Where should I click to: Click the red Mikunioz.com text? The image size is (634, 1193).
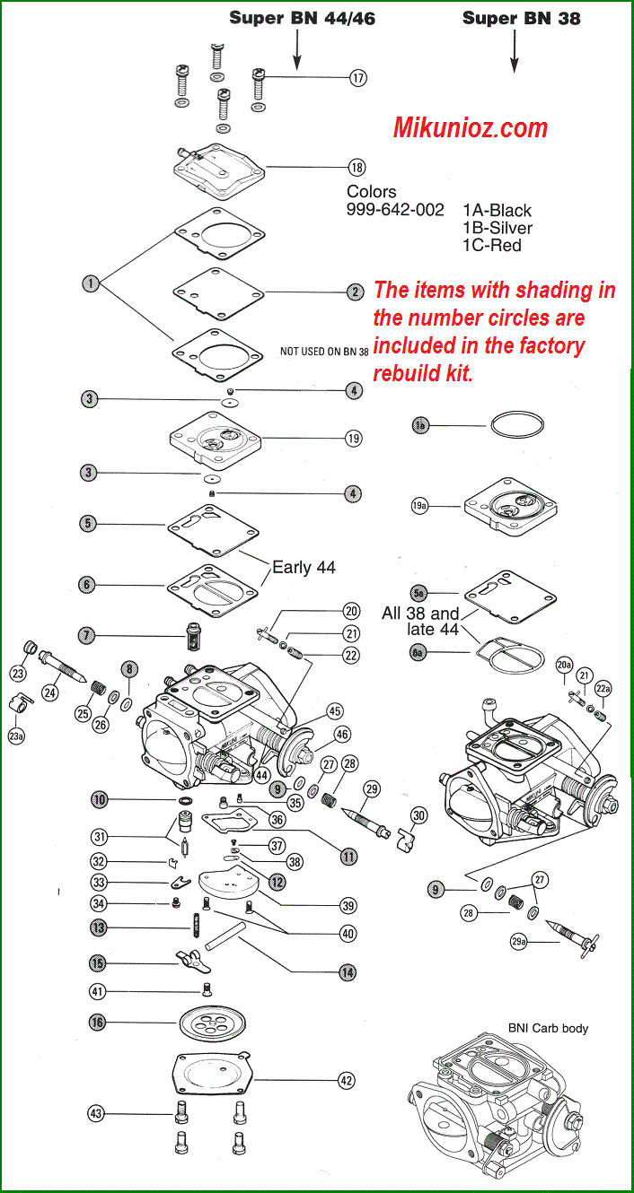click(x=471, y=127)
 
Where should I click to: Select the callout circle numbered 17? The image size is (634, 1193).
click(x=358, y=78)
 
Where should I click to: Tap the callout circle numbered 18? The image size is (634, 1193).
click(x=357, y=167)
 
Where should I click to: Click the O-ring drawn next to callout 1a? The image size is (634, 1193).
click(x=515, y=424)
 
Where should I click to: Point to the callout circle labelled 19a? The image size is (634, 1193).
click(x=419, y=507)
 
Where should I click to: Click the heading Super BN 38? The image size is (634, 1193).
click(x=521, y=18)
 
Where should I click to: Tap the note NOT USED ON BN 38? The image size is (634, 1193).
click(x=324, y=352)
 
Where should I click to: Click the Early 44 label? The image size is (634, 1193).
click(x=304, y=567)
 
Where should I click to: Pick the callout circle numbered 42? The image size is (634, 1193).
click(x=347, y=1081)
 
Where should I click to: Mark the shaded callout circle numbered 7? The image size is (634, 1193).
click(x=86, y=636)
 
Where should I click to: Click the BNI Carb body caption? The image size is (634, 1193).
click(x=548, y=1028)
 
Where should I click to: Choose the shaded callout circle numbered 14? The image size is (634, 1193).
click(x=347, y=971)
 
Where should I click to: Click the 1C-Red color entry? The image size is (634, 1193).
click(x=492, y=245)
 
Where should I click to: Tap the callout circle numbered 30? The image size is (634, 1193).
click(x=418, y=815)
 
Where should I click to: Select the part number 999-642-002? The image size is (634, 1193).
click(x=395, y=209)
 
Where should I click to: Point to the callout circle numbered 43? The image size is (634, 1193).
click(x=96, y=1113)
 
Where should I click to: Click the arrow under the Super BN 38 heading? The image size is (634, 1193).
click(x=515, y=51)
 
